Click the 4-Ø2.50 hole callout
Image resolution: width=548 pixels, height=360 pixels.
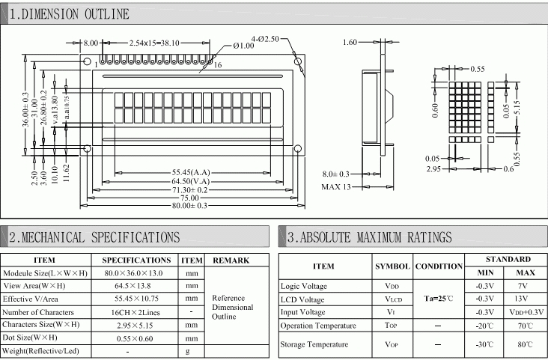[x=266, y=38]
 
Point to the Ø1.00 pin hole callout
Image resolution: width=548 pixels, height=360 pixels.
[x=243, y=46]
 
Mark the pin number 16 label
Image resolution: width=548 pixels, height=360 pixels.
[x=218, y=66]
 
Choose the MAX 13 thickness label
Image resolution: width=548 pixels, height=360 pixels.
[x=336, y=186]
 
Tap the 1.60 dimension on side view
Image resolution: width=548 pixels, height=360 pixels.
[x=350, y=43]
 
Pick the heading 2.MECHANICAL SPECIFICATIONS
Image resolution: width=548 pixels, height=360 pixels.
[x=94, y=237]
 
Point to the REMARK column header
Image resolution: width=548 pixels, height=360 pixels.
[x=231, y=260]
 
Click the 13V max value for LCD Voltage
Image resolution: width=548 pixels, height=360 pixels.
[x=522, y=298]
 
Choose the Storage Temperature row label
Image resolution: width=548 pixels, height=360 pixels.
[x=314, y=344]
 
